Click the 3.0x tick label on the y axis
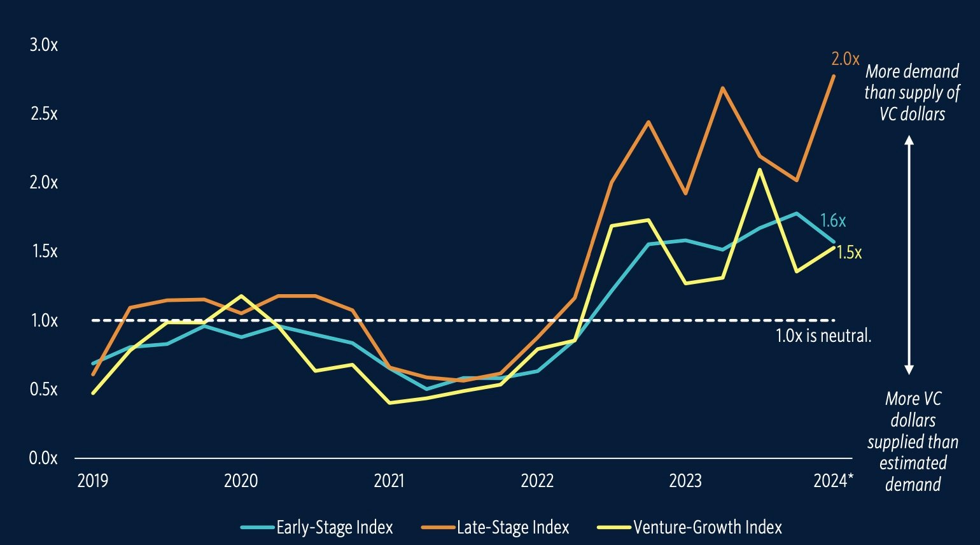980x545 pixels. (x=43, y=45)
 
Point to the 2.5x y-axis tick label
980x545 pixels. (x=43, y=114)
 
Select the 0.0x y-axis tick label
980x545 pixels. (x=43, y=458)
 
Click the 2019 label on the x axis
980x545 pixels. (x=93, y=481)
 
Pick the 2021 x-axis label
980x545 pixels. (x=389, y=481)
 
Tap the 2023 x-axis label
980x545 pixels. (x=685, y=481)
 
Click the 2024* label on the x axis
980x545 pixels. (x=830, y=481)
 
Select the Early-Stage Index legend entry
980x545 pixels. (x=334, y=527)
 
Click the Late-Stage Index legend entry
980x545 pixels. (x=512, y=527)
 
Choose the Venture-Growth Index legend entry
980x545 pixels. (x=707, y=527)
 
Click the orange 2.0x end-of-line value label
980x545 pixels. (x=845, y=59)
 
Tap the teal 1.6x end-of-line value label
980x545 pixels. (x=833, y=221)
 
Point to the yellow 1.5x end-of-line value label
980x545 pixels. (x=849, y=253)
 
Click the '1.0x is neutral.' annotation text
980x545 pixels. (x=823, y=336)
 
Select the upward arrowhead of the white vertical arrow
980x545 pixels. (x=909, y=141)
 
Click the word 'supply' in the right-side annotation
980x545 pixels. (x=920, y=93)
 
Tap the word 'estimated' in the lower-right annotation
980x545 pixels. (x=913, y=463)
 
